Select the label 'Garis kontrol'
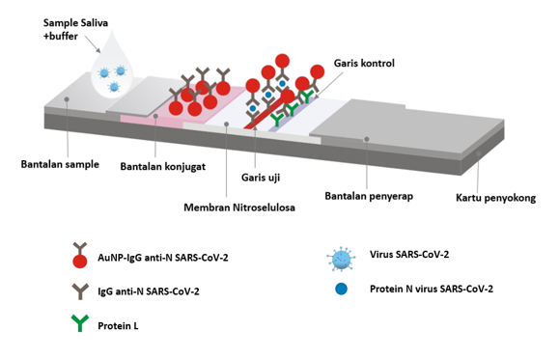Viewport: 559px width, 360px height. tap(364, 64)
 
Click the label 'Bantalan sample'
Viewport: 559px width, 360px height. tap(60, 163)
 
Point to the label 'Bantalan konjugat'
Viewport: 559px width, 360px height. tap(161, 167)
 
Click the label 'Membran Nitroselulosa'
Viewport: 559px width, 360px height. tap(240, 207)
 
